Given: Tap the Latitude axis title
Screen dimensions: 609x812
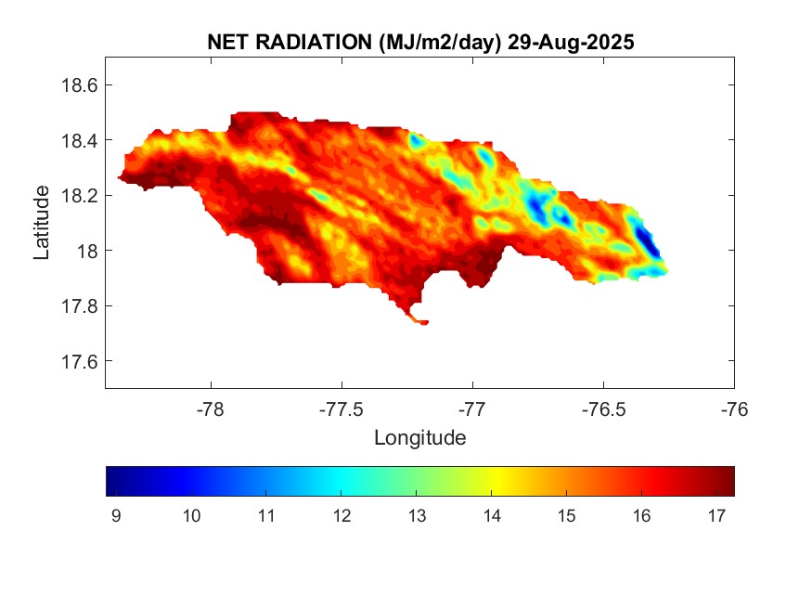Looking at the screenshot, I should click(42, 222).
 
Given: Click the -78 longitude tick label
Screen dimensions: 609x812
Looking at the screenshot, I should click(212, 409).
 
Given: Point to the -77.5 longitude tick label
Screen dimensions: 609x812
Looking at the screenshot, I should click(342, 409).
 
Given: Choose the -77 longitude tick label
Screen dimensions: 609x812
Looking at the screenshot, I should click(473, 409).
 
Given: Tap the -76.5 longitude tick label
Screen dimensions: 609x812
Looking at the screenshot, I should click(603, 409).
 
